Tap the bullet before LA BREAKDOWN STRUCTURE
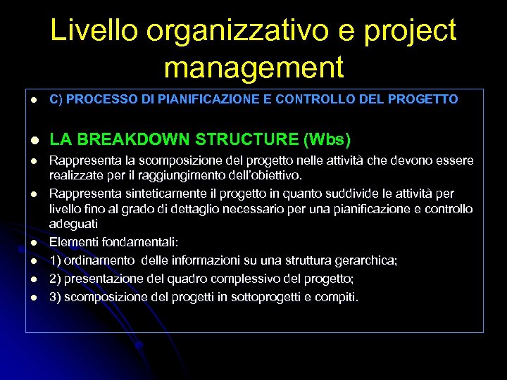pos(32,139)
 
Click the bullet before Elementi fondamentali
pos(32,243)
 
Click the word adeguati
pos(73,224)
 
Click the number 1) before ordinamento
pos(55,260)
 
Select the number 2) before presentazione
pos(55,279)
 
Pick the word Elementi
pos(73,242)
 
